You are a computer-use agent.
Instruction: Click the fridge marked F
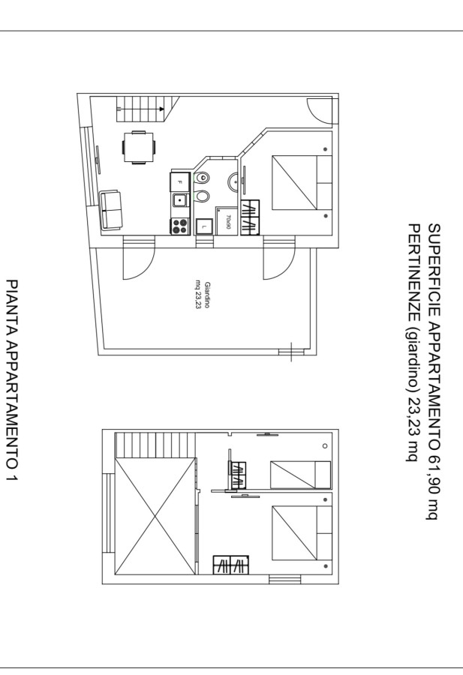click(x=180, y=182)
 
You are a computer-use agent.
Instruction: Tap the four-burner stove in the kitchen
click(x=180, y=226)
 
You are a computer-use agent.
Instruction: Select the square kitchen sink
click(x=180, y=200)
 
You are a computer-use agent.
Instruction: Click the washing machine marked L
click(x=204, y=226)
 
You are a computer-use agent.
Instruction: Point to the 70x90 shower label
click(x=229, y=222)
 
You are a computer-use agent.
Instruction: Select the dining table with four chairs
click(x=139, y=147)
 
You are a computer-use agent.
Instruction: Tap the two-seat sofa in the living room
click(x=111, y=211)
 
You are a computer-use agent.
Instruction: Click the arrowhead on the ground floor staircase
click(x=161, y=109)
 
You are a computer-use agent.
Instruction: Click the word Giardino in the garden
click(x=207, y=295)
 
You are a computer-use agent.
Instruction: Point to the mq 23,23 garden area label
click(x=198, y=295)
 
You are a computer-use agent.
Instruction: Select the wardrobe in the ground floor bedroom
click(x=250, y=217)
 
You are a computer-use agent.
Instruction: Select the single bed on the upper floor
click(x=301, y=475)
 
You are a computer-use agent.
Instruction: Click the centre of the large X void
click(x=155, y=516)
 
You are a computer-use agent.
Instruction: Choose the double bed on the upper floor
click(x=302, y=533)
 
